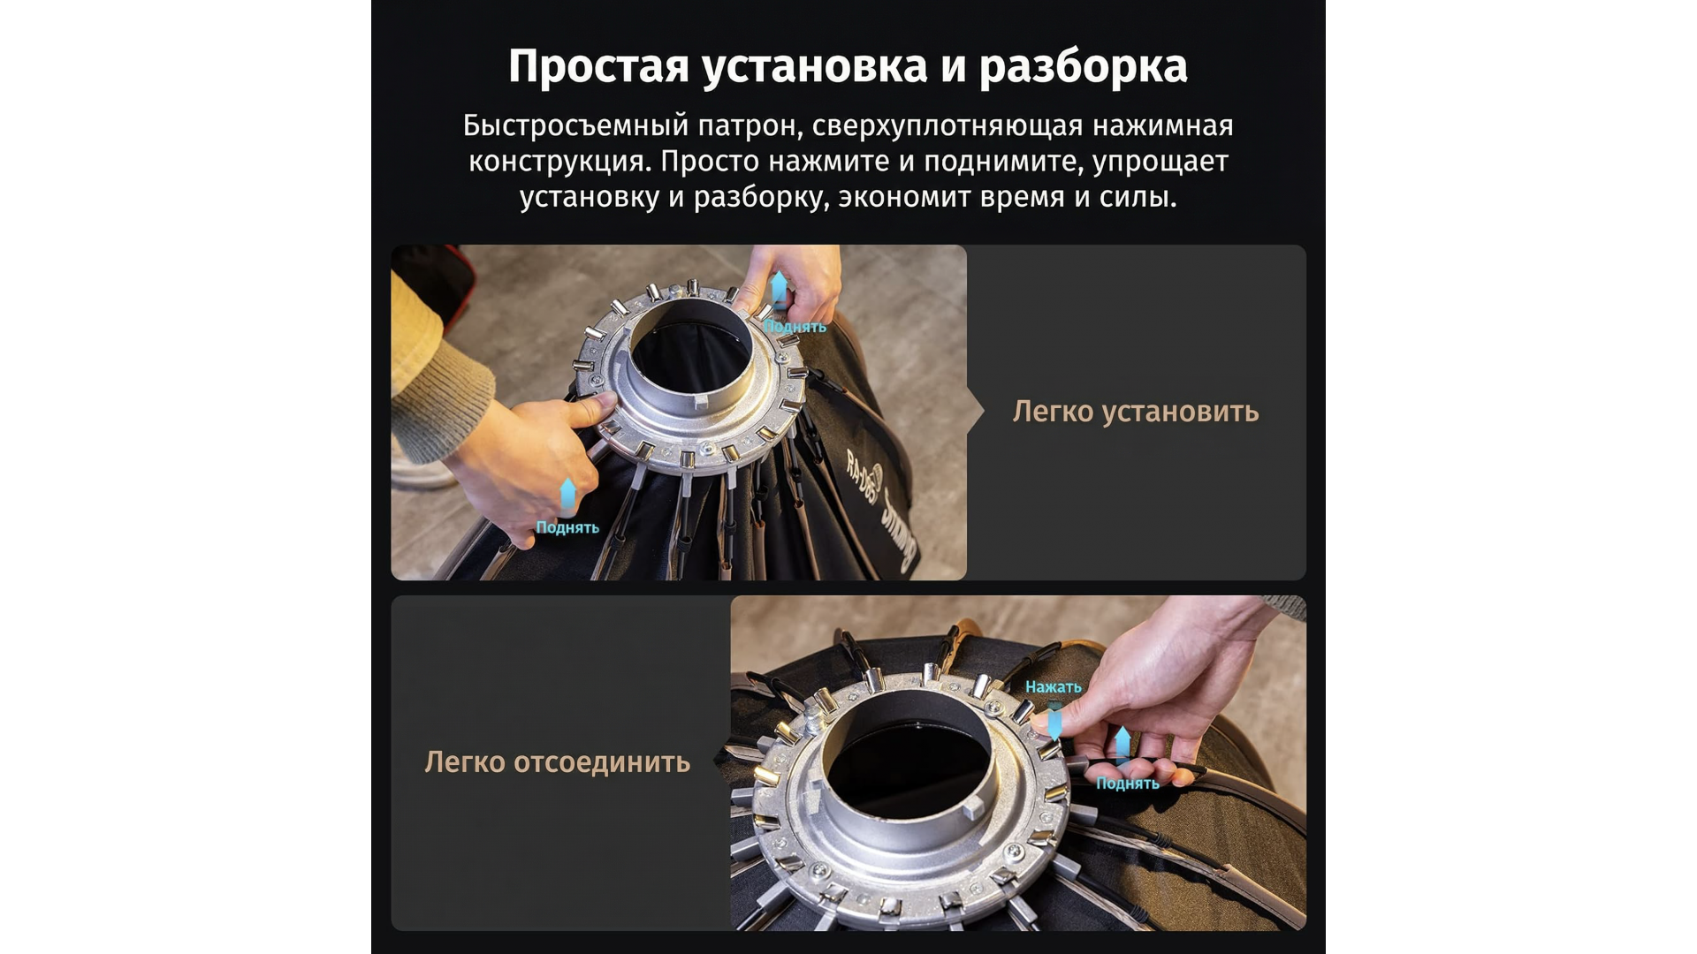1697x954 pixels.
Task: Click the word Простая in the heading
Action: pos(598,66)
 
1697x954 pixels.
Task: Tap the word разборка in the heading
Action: pos(1084,67)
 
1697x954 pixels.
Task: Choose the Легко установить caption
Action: pos(1136,412)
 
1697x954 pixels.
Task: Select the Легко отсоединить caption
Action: pos(557,761)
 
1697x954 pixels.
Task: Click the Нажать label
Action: pos(1053,686)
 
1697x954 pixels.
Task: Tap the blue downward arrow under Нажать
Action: pos(1054,721)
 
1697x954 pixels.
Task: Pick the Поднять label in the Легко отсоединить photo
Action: pos(1128,783)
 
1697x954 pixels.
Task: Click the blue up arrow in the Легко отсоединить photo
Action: pos(1122,745)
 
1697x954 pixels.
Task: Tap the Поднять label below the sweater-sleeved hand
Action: pos(567,527)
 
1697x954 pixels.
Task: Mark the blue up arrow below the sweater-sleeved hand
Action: pos(567,496)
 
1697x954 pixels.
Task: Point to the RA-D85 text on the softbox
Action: pos(861,477)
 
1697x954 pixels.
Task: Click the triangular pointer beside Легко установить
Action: pos(976,412)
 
